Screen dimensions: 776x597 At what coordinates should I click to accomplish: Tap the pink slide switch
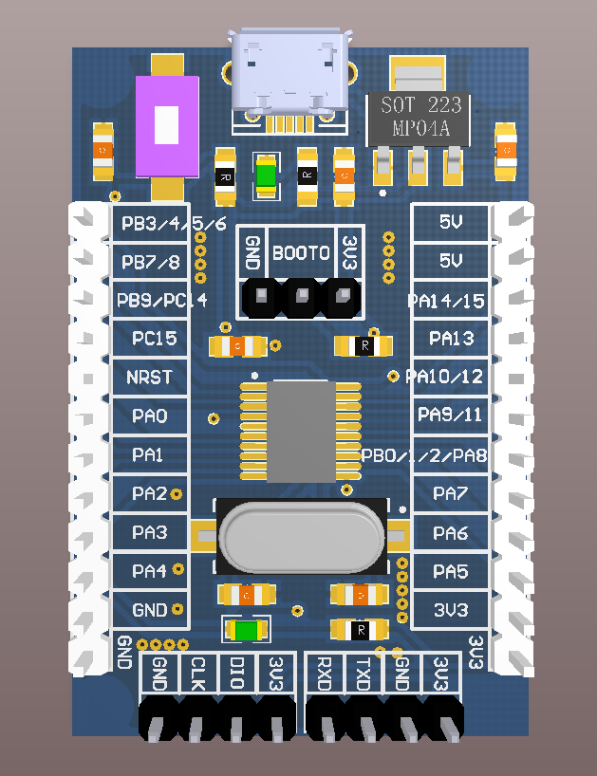pyautogui.click(x=167, y=125)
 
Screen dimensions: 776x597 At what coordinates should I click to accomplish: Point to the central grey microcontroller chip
pyautogui.click(x=303, y=431)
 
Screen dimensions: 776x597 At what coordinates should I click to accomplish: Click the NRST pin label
pyautogui.click(x=150, y=377)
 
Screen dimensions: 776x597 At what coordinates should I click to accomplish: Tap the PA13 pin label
pyautogui.click(x=452, y=338)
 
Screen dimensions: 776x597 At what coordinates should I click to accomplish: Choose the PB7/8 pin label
pyautogui.click(x=150, y=261)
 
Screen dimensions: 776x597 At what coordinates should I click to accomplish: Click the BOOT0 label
pyautogui.click(x=301, y=253)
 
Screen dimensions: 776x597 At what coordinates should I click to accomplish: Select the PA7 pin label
pyautogui.click(x=451, y=493)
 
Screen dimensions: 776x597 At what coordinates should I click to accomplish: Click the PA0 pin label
pyautogui.click(x=150, y=416)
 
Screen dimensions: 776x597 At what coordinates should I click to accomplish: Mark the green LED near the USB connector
pyautogui.click(x=266, y=176)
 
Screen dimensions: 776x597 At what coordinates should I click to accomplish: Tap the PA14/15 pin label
pyautogui.click(x=446, y=301)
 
